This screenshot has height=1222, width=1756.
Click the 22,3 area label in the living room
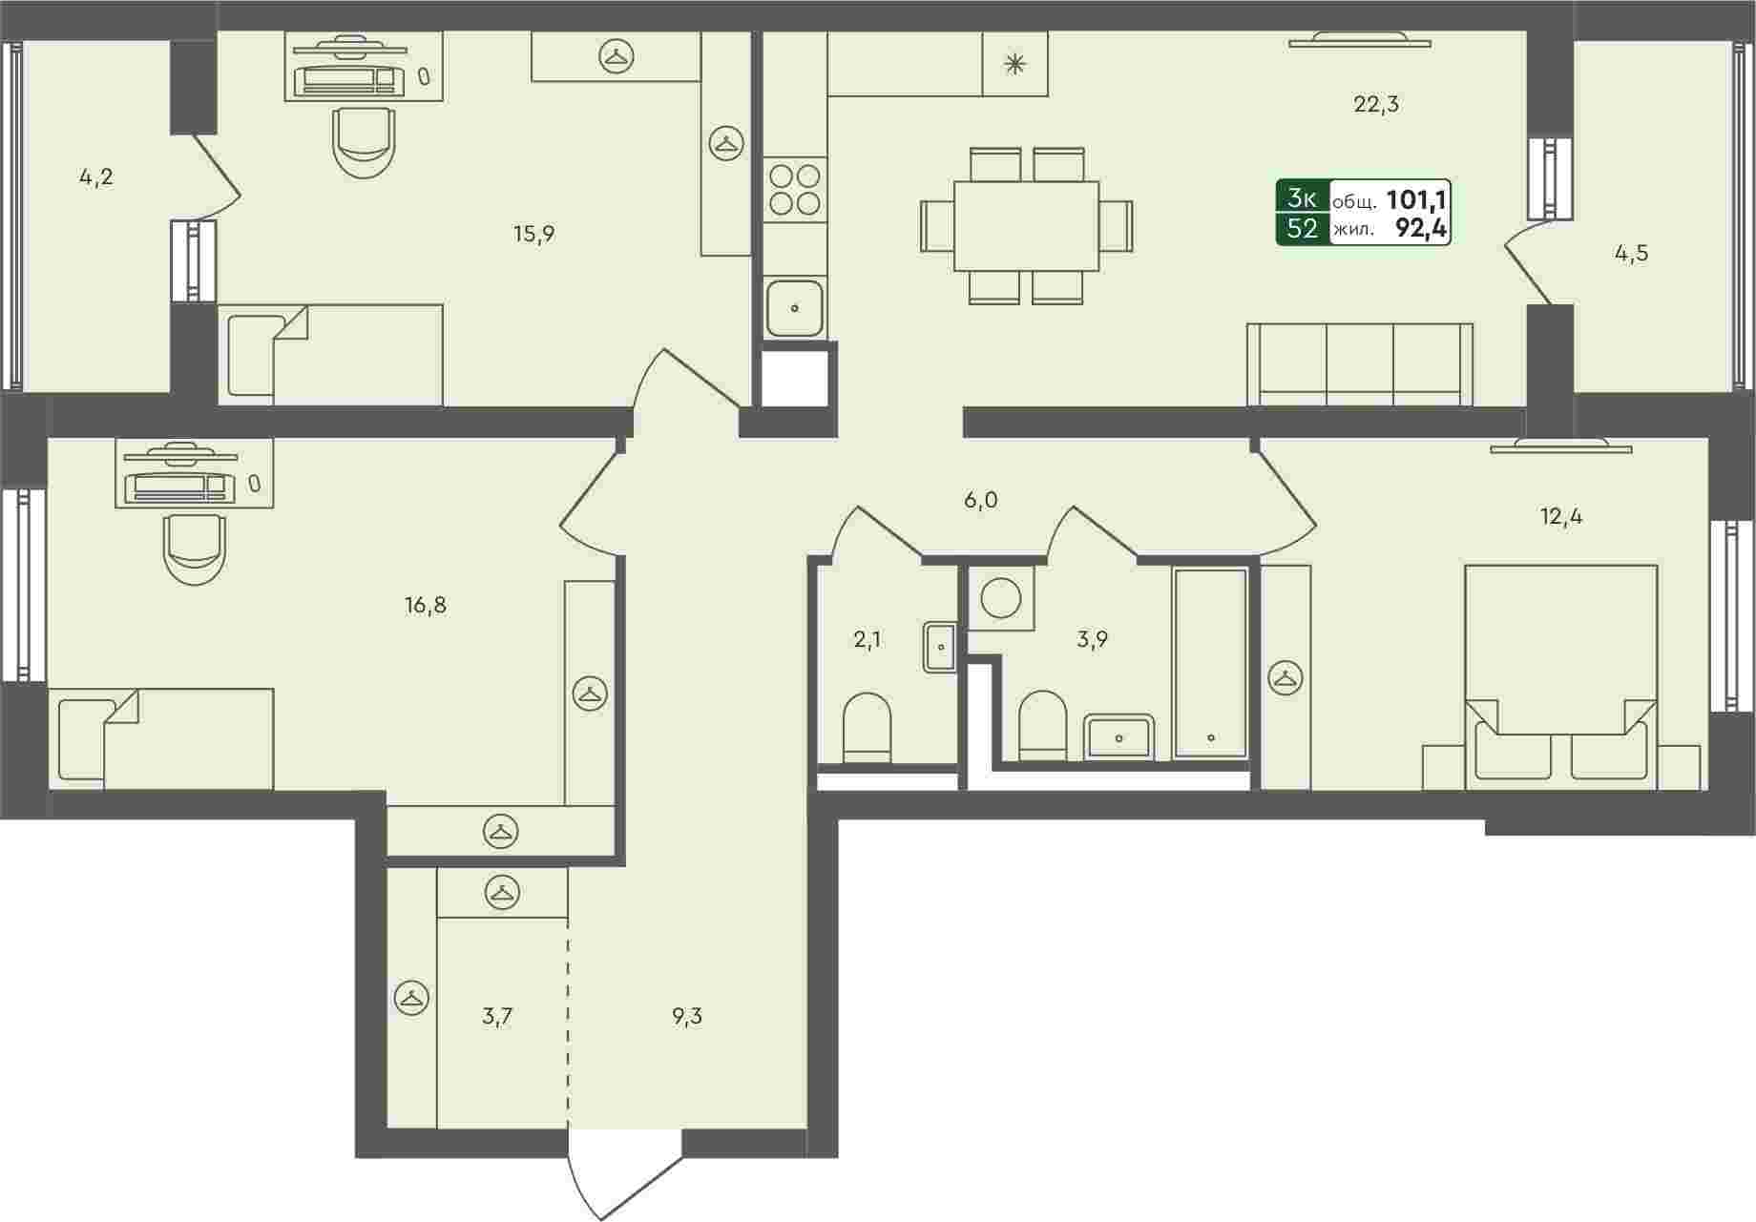(1375, 104)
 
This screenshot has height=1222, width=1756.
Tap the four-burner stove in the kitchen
(795, 190)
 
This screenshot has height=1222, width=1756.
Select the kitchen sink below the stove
(795, 308)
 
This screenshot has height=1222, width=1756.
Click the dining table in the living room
(1026, 226)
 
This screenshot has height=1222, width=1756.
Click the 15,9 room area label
(533, 234)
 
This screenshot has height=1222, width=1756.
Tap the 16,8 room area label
(426, 605)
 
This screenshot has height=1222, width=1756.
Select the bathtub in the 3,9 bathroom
(1211, 664)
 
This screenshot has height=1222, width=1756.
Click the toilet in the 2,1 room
(868, 729)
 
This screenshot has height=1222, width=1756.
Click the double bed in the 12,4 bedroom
(1560, 677)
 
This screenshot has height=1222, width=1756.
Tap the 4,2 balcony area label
(96, 176)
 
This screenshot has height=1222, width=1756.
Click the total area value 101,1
(1416, 200)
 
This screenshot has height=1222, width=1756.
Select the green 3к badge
(1303, 198)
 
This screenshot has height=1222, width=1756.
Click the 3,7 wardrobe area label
(497, 1016)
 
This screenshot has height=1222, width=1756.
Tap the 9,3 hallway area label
(686, 1016)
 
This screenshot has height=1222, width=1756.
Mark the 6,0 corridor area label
(980, 500)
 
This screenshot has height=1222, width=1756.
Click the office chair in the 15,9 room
(364, 142)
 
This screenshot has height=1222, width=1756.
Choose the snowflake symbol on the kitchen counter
(1014, 64)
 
